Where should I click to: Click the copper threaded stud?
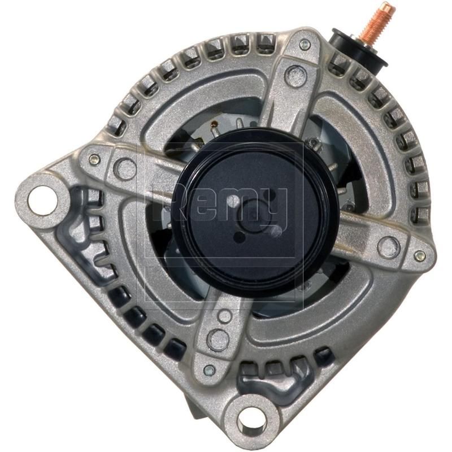[x=371, y=23]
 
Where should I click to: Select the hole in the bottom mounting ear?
[x=250, y=419]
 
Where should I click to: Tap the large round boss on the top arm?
[x=294, y=75]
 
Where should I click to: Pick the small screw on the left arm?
[x=94, y=160]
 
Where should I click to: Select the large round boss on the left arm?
[x=124, y=168]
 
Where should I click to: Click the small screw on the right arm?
[x=419, y=256]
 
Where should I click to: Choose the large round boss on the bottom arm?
[x=218, y=340]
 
